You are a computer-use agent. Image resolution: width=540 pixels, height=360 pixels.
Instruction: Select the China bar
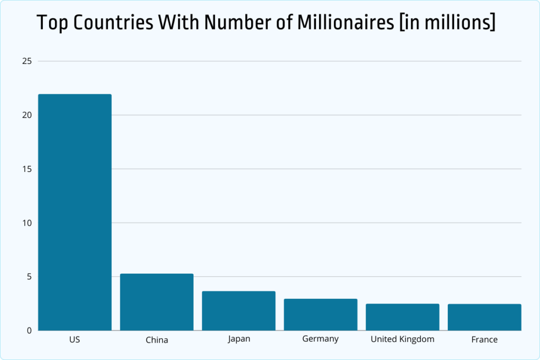click(x=157, y=302)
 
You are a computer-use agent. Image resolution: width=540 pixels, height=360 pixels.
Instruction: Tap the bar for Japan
click(x=238, y=310)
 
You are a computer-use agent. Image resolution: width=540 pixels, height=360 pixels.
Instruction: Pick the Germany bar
click(x=320, y=315)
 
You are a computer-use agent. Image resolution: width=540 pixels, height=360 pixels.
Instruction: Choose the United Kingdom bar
click(x=402, y=317)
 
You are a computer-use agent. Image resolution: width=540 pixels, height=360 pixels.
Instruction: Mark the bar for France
click(x=484, y=317)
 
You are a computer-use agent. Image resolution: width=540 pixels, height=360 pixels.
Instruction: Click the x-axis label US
click(x=74, y=339)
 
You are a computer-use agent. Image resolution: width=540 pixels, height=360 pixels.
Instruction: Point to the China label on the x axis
click(x=157, y=340)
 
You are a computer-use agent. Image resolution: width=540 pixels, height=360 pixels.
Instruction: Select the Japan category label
click(x=239, y=339)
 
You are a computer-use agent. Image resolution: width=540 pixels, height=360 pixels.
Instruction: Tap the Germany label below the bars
click(x=320, y=339)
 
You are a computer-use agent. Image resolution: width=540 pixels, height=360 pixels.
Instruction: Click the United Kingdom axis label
click(x=402, y=339)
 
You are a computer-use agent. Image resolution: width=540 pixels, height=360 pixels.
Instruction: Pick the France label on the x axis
click(x=484, y=340)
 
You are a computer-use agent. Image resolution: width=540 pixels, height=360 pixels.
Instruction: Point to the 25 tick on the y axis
click(x=27, y=61)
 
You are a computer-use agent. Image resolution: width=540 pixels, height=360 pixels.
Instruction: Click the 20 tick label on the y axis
click(x=27, y=115)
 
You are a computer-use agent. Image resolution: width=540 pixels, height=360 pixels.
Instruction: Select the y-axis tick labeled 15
click(x=27, y=169)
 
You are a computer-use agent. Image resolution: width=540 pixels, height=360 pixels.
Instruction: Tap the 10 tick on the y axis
click(x=27, y=223)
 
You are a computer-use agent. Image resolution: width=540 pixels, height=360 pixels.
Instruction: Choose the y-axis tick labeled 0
click(x=30, y=330)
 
